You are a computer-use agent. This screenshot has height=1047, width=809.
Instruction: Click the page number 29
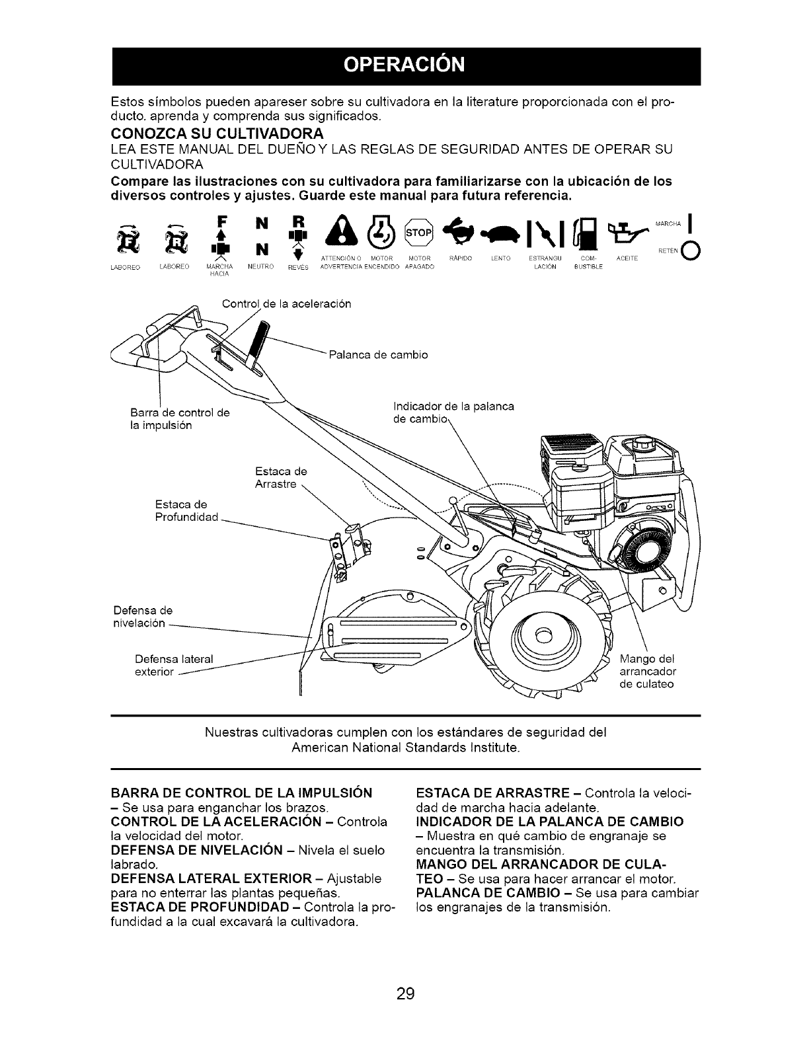[x=405, y=974]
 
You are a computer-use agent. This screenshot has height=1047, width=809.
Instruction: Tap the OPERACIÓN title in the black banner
[x=405, y=66]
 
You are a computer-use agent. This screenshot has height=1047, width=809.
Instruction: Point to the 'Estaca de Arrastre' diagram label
[x=282, y=479]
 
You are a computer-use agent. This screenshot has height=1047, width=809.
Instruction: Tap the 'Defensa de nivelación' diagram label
[x=138, y=617]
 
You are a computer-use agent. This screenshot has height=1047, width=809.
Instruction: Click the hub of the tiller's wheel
[x=542, y=637]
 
